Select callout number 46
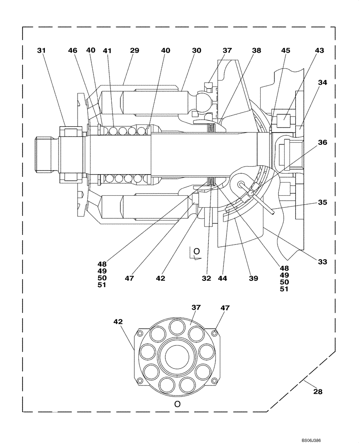tap(73, 51)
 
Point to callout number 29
tap(134, 51)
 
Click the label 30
tap(196, 51)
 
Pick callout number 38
tap(257, 51)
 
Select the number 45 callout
tap(286, 51)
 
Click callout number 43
tap(319, 51)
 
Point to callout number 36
tap(322, 142)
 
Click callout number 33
tap(322, 262)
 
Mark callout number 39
tap(253, 278)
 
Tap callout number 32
tap(206, 278)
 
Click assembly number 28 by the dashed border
tap(317, 392)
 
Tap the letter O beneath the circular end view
tap(177, 404)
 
